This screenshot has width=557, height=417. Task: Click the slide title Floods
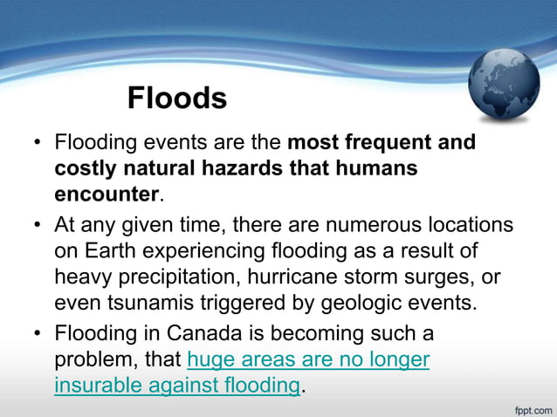tap(177, 99)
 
